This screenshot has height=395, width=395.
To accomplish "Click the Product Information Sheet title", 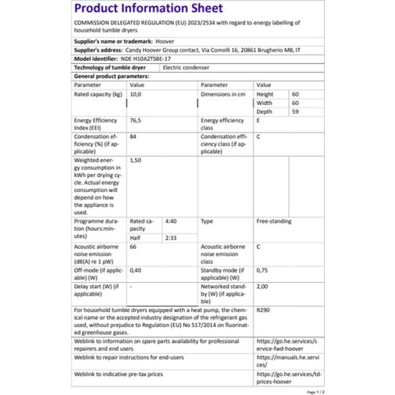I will point(149,8).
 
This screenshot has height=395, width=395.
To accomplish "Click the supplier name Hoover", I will point(165,42).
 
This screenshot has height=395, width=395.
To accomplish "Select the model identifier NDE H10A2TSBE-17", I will point(146,59).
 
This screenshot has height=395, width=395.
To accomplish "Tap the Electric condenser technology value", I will point(186,68).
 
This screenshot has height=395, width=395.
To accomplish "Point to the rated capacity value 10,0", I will point(135,94).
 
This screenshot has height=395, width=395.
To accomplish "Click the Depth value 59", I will point(295,112).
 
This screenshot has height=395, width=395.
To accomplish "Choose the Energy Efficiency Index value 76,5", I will point(135,121).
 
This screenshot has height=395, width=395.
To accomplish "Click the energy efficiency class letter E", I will point(258,121).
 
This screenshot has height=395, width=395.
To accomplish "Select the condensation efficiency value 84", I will point(133,137).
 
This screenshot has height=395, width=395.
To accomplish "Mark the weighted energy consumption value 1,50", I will point(135,160).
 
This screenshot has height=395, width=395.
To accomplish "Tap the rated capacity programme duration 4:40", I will point(171,221).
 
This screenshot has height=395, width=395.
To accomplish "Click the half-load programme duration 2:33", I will point(171,238).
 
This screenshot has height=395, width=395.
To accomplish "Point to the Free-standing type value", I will point(274,221).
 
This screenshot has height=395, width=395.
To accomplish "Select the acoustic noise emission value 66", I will point(133,247).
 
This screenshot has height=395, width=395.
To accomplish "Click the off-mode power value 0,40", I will point(135,270).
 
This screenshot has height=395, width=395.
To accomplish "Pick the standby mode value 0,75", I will point(262,270).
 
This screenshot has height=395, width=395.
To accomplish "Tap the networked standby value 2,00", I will point(262,287).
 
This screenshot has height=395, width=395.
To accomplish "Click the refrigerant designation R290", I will point(263,310).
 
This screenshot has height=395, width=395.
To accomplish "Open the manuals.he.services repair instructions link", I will point(288,361).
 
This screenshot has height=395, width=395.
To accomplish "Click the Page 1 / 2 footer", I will point(316,392).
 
